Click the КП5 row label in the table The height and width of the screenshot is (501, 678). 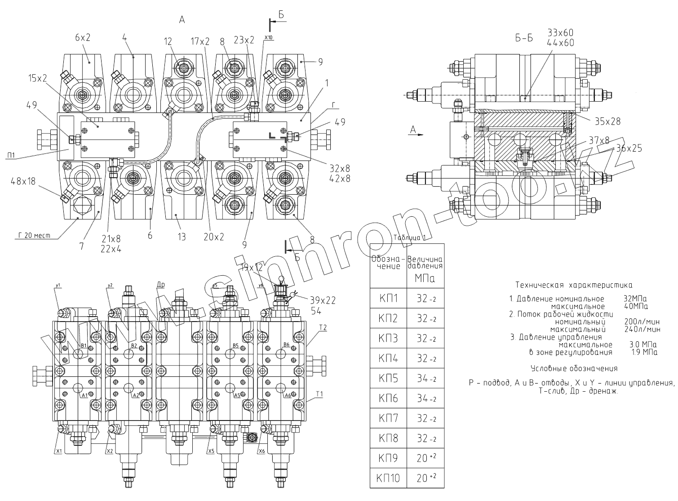coord(388,378)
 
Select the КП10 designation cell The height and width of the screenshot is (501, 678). coord(388,478)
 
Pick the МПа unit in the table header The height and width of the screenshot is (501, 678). coord(425,279)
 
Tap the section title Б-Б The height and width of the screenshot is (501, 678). coord(524,38)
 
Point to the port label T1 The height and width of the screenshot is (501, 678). coord(319,394)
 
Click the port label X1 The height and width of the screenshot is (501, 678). coord(58,451)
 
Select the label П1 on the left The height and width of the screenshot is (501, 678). coord(12,156)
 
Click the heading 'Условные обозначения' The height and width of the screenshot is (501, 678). coord(574,369)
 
